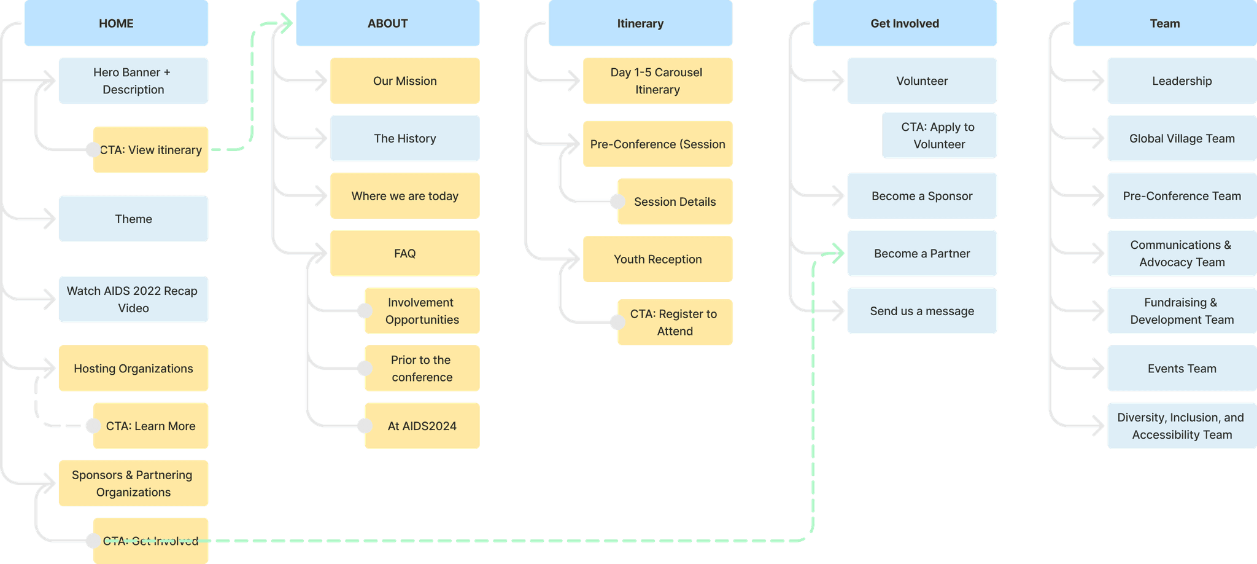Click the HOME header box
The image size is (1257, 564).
click(116, 23)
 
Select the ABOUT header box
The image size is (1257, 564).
click(387, 23)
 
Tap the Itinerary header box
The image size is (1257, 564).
click(640, 23)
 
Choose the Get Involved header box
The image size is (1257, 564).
click(905, 23)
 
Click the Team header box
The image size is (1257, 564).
click(1165, 23)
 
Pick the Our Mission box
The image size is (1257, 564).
click(405, 80)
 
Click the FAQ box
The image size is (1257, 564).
click(405, 253)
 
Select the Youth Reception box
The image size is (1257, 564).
click(657, 259)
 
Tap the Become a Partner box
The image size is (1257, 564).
click(922, 253)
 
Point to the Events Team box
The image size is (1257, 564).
click(1182, 368)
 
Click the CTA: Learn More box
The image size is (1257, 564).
click(150, 426)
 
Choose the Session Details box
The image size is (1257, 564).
click(675, 202)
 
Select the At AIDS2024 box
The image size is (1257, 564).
click(422, 426)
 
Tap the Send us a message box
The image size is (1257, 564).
click(922, 311)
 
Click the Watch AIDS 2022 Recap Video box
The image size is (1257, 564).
click(133, 299)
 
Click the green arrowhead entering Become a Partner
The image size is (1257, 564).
click(837, 253)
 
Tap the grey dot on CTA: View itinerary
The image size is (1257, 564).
click(93, 149)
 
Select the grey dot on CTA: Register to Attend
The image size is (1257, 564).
click(617, 322)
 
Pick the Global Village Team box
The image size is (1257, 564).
click(1182, 138)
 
